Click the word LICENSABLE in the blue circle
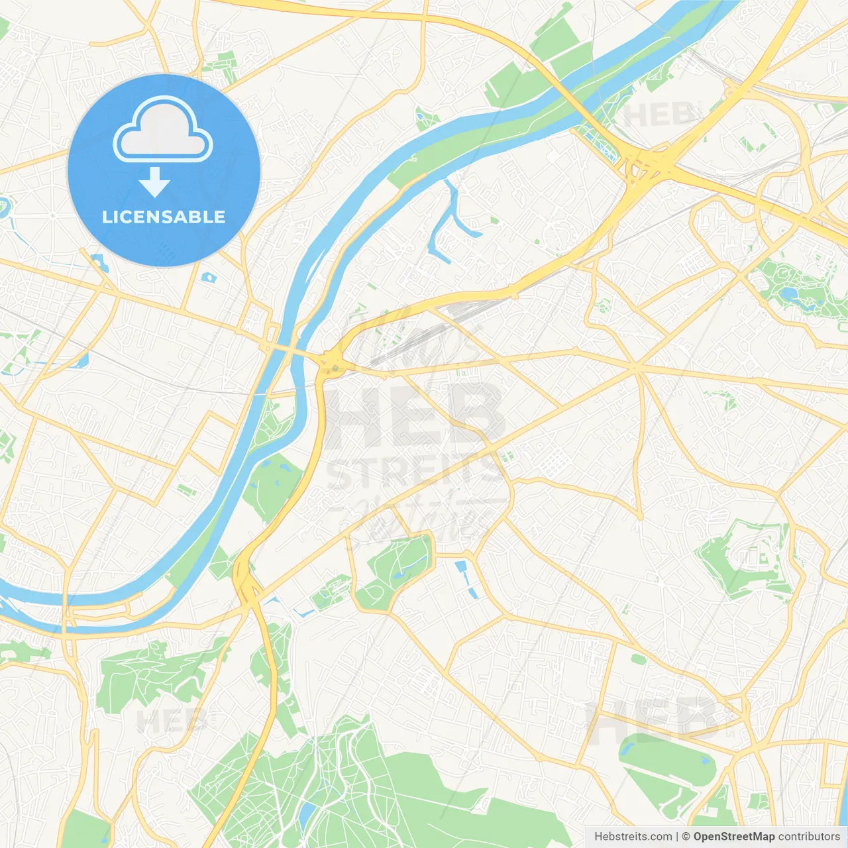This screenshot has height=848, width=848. tap(164, 217)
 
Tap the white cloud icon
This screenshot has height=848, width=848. tap(163, 130)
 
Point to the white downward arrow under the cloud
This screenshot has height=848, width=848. tap(154, 182)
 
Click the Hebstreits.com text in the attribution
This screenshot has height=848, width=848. tap(633, 837)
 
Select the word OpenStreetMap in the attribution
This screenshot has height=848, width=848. tap(734, 837)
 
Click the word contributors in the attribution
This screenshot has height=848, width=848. tap(809, 837)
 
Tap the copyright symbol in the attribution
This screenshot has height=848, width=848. tap(686, 837)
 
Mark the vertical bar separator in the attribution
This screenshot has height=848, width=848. tap(677, 837)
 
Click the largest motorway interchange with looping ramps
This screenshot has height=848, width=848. tap(646, 166)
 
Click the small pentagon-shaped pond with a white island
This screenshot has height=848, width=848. tap(209, 277)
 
